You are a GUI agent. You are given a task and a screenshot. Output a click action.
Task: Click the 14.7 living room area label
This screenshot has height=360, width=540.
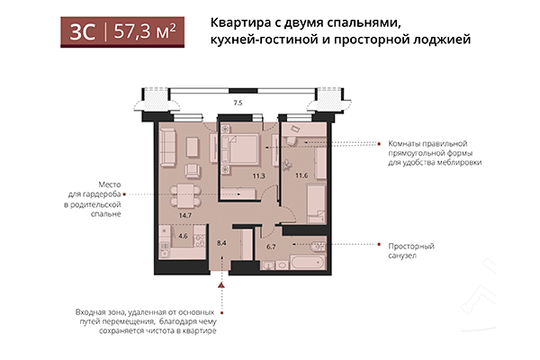(x=184, y=215)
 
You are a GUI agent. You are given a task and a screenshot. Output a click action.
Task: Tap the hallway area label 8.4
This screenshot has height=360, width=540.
(x=224, y=243)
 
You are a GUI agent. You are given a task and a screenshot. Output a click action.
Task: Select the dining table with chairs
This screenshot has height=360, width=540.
(x=184, y=194)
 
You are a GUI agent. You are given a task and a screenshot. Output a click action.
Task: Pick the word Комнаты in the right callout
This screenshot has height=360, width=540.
(x=407, y=142)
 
